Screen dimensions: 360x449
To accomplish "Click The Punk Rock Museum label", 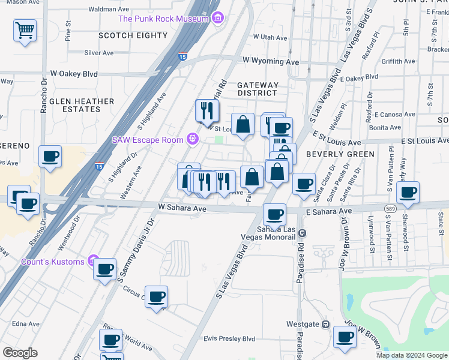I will [163, 18].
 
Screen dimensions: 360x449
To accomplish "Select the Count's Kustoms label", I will [52, 261].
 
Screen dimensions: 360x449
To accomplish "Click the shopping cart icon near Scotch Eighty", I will [25, 30].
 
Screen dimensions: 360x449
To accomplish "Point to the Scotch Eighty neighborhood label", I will [133, 35].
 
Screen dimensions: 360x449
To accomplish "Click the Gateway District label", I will [258, 89].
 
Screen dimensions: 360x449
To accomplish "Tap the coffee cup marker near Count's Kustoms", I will [105, 269].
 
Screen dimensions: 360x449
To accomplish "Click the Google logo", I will [20, 352].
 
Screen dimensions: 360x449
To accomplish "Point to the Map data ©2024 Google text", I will [411, 355].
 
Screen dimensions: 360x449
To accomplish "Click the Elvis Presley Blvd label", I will [229, 338].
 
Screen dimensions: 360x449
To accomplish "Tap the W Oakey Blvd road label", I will [74, 73].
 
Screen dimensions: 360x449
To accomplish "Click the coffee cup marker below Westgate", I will [345, 337].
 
